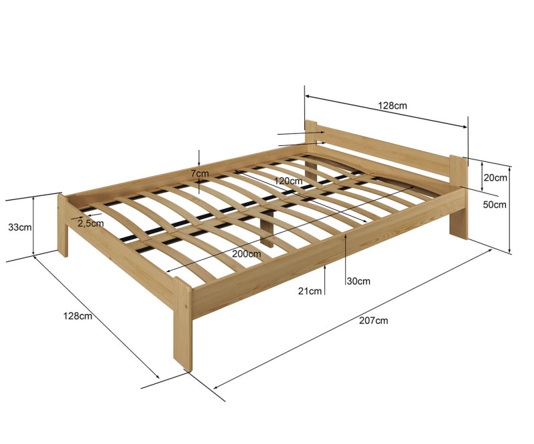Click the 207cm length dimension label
point(373,321)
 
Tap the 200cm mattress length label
point(246,254)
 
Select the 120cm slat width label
point(288,181)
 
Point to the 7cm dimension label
point(200,173)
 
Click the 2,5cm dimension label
point(91,223)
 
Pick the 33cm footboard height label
point(20,227)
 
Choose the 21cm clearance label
point(310,291)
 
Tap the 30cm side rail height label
point(358,281)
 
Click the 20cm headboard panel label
point(495,177)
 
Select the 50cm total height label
point(495,205)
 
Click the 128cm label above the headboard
point(392,105)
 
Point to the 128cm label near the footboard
point(77,316)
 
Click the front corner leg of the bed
point(183,324)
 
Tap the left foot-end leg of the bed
point(63,225)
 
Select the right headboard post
point(459,197)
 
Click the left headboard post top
point(311,122)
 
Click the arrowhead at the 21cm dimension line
point(325,267)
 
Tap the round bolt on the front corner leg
point(186,307)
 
